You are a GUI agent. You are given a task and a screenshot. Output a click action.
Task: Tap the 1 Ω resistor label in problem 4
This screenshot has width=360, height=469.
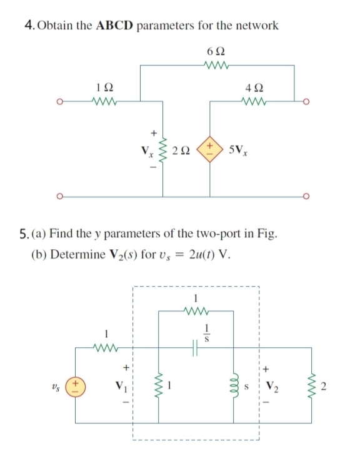(x=101, y=87)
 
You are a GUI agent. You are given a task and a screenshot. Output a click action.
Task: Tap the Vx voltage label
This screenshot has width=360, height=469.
(x=149, y=151)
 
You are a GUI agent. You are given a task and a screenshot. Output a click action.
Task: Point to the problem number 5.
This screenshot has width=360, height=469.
(x=27, y=235)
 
